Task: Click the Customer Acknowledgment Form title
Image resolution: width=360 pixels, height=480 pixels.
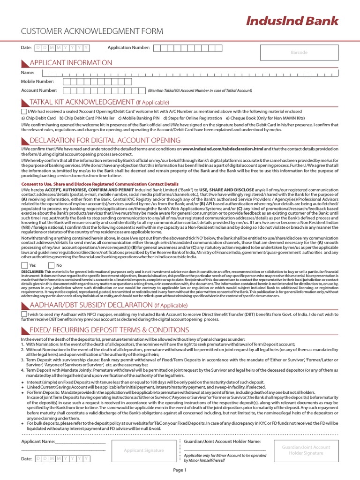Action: pyautogui.click(x=92, y=31)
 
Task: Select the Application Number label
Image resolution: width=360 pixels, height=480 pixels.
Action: pyautogui.click(x=128, y=48)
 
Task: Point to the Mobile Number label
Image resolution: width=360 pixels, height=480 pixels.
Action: pyautogui.click(x=37, y=82)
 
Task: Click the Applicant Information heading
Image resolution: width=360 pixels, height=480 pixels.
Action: pyautogui.click(x=71, y=63)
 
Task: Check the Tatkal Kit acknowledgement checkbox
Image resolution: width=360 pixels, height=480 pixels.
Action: pyautogui.click(x=24, y=112)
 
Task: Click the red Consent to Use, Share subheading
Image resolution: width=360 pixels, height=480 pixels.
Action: pyautogui.click(x=100, y=184)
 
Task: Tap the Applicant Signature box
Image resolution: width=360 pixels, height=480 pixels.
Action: pyautogui.click(x=143, y=450)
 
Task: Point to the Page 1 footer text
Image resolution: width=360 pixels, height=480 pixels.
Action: pyautogui.click(x=180, y=470)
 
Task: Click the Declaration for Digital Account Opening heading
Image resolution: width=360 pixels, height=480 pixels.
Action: pyautogui.click(x=105, y=141)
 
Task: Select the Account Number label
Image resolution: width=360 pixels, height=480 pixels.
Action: pyautogui.click(x=39, y=90)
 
